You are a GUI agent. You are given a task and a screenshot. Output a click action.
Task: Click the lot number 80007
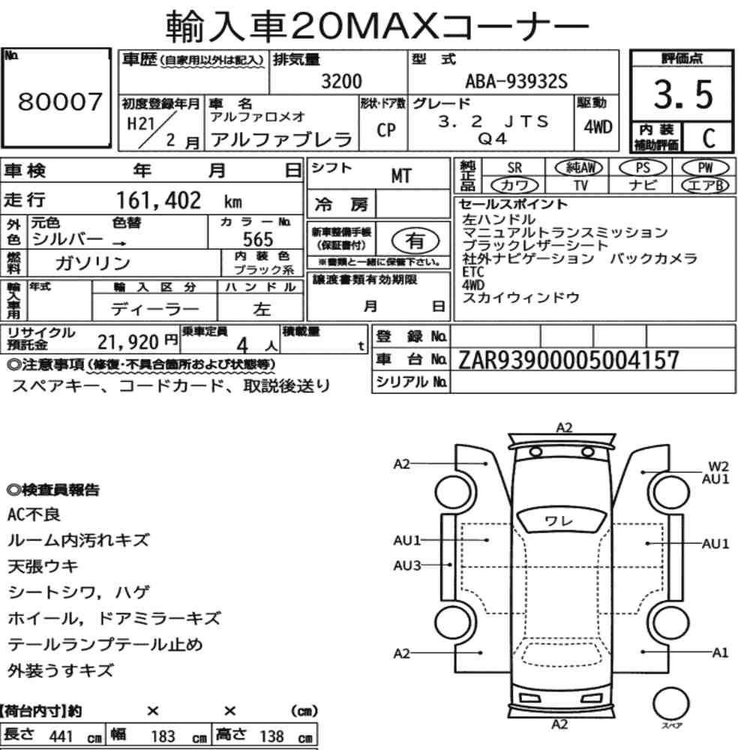tap(60, 101)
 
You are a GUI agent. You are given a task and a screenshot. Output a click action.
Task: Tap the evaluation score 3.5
tap(683, 94)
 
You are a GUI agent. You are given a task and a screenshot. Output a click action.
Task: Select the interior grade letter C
tap(709, 138)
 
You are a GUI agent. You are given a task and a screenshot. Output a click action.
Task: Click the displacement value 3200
tap(341, 81)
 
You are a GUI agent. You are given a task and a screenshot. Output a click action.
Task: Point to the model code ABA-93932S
tap(517, 81)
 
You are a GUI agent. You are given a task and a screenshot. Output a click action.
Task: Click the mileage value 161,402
tap(159, 200)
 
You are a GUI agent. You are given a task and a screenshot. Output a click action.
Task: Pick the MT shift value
tap(400, 176)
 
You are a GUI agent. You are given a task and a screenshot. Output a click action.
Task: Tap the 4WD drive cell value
tap(598, 127)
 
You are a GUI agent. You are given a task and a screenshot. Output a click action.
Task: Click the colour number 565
tap(258, 239)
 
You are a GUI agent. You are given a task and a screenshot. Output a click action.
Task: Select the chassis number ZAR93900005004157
tap(568, 360)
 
